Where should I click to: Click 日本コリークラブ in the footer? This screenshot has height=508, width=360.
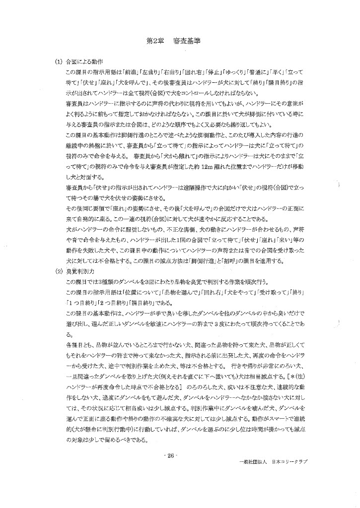click(289, 461)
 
